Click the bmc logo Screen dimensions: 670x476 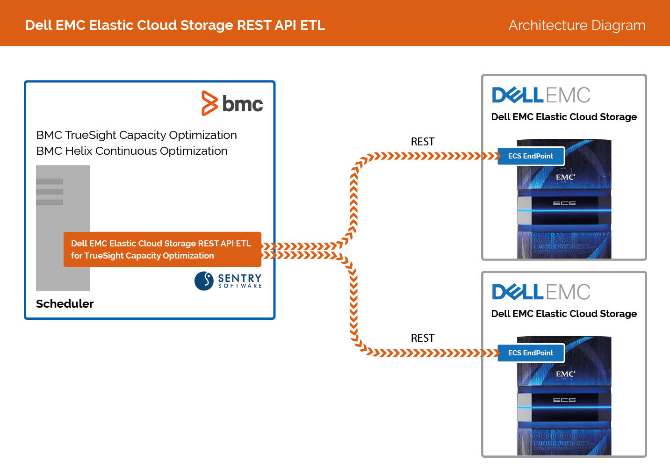pos(232,103)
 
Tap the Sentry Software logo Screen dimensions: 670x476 pos(228,281)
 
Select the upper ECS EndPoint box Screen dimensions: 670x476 pos(531,156)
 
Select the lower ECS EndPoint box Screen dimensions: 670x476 pos(531,353)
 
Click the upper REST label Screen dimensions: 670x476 pos(422,142)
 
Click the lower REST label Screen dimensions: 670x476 pos(422,338)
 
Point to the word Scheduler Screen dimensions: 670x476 pos(65,303)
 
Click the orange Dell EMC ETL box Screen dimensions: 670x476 pos(162,249)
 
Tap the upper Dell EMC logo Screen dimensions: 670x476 pos(541,95)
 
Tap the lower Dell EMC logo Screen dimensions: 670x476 pos(541,292)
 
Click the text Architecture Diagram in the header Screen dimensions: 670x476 pos(577,25)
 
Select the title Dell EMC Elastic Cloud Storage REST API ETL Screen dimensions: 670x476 pos(175,25)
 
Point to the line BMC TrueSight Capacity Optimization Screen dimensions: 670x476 pos(137,135)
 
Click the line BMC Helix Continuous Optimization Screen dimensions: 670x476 pos(132,151)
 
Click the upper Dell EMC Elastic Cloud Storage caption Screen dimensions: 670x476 pos(564,117)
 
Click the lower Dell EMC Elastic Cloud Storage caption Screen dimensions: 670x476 pos(564,314)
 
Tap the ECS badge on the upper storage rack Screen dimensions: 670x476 pos(564,203)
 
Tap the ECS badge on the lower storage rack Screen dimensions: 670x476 pos(564,400)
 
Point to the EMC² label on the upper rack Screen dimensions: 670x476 pos(565,177)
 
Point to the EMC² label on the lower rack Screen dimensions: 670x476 pos(565,374)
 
